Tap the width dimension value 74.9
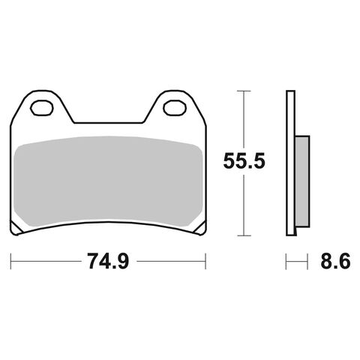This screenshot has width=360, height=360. pos(109,262)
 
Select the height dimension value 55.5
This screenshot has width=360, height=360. pos(244,160)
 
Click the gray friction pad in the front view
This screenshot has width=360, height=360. pos(108,180)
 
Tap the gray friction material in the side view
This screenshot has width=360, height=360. pos(301,180)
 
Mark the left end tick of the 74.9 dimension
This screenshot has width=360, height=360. pos(10,262)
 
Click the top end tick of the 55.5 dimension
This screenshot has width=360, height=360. pos(240,91)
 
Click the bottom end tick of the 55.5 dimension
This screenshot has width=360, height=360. pos(240,233)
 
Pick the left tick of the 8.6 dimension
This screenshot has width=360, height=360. pos(286,262)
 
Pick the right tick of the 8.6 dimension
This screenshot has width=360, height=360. pos(308,262)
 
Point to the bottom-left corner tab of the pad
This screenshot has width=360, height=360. pos(16,228)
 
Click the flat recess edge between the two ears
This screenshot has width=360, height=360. pos(108,121)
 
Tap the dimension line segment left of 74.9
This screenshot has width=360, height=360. pos(45,262)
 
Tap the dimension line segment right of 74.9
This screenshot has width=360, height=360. pos(172,262)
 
